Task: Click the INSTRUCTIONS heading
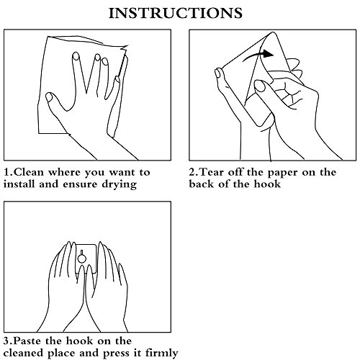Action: [x=176, y=13]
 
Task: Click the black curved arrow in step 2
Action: [x=257, y=55]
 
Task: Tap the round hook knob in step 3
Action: [x=82, y=258]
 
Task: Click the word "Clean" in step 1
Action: [x=30, y=172]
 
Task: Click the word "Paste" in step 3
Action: [x=27, y=341]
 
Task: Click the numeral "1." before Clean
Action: [x=9, y=172]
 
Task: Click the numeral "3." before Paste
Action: [x=8, y=341]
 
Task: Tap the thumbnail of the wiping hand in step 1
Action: [x=49, y=97]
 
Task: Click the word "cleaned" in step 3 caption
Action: [x=23, y=353]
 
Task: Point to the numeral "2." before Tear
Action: [x=194, y=172]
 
